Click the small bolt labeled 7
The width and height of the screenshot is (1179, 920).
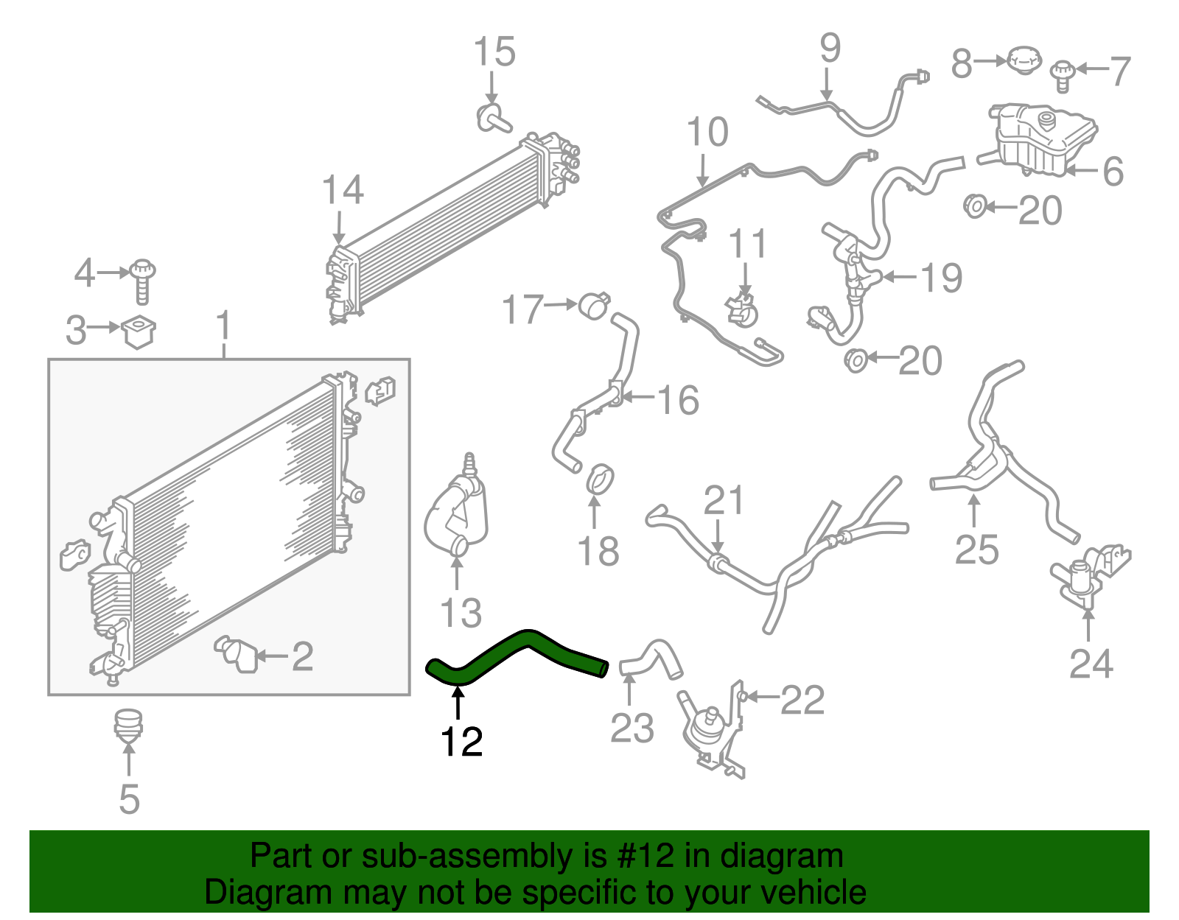click(x=1062, y=75)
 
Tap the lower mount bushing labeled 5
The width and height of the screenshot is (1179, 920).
click(x=128, y=723)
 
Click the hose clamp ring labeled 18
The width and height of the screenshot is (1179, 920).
click(x=600, y=479)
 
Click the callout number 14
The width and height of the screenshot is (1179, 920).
click(x=343, y=190)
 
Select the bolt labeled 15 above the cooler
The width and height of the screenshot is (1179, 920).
click(x=492, y=118)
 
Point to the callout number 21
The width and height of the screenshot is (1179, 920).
click(x=724, y=500)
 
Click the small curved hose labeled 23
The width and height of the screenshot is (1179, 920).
click(x=652, y=658)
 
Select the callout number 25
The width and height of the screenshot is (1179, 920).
click(x=976, y=549)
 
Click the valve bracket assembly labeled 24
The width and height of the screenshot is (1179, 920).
click(x=1088, y=578)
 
